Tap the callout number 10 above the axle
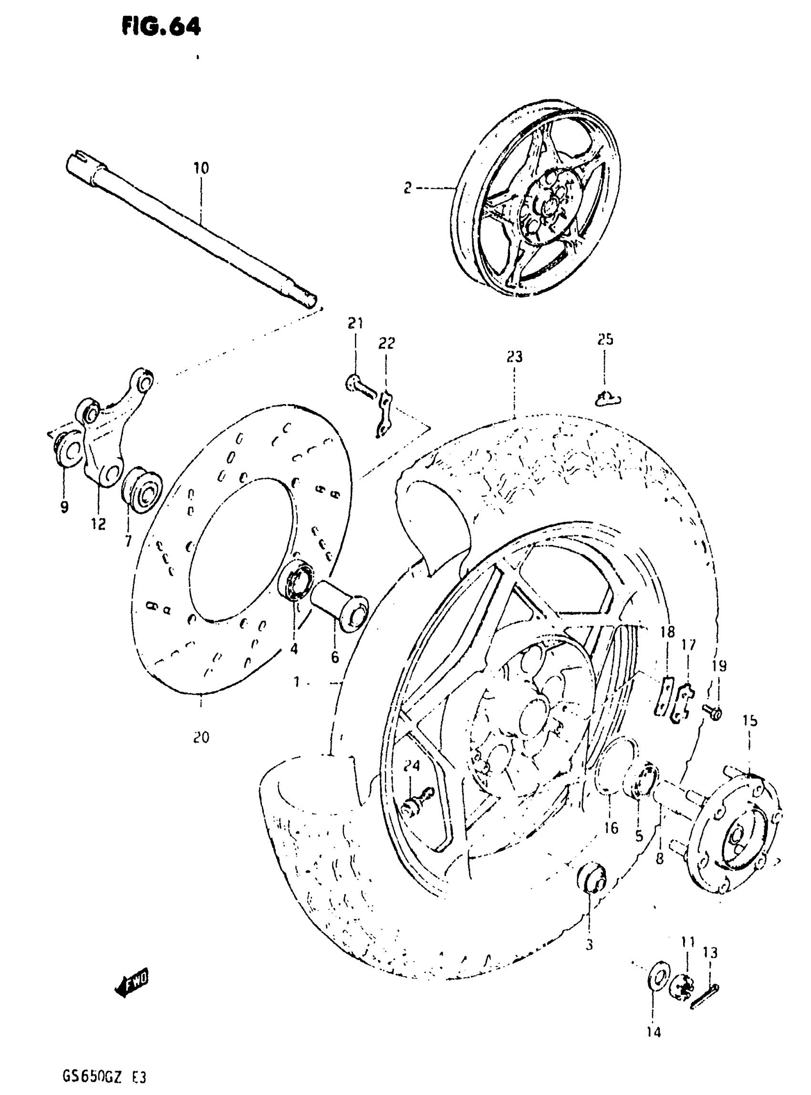click(201, 168)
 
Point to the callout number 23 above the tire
click(514, 357)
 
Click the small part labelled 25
click(607, 399)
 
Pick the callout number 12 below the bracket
click(99, 524)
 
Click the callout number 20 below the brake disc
click(201, 737)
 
